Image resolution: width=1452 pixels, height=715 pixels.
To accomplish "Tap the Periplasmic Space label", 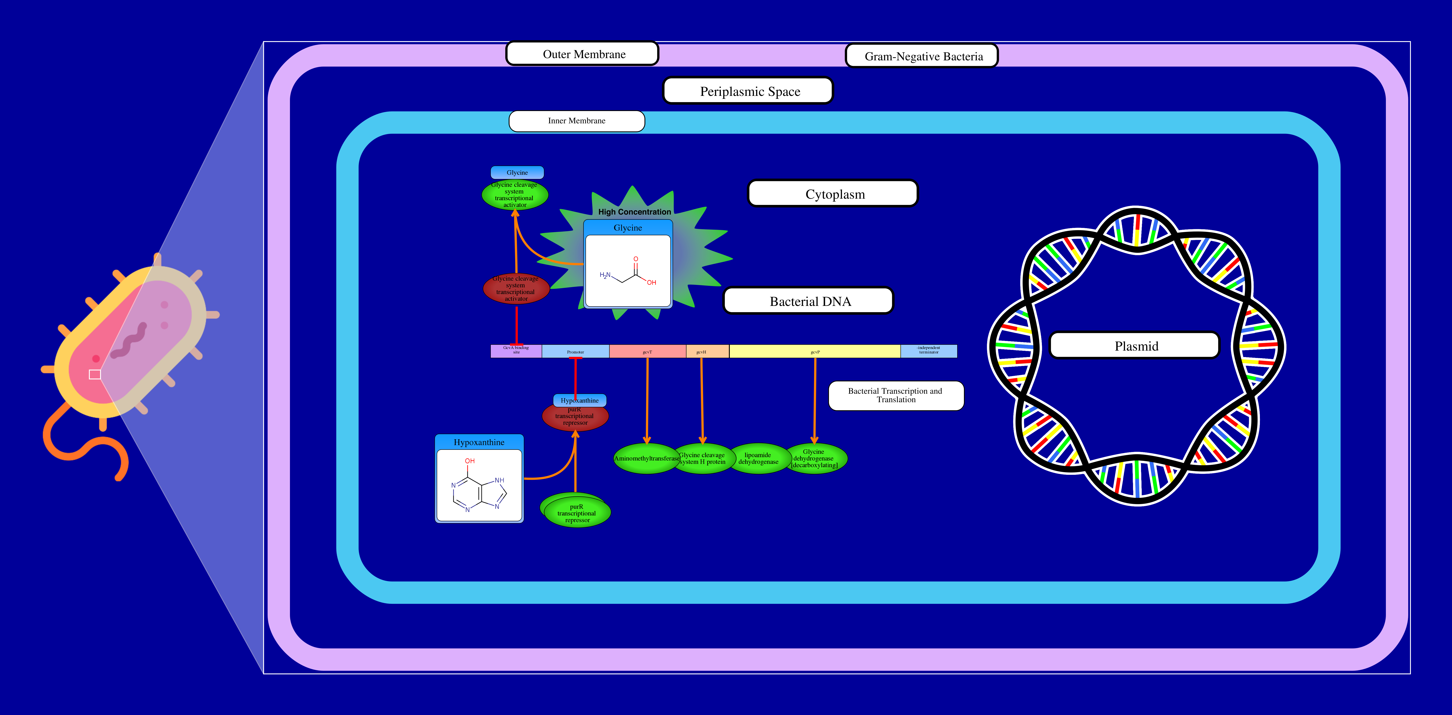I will [x=748, y=91].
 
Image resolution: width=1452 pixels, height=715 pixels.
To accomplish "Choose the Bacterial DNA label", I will [x=808, y=301].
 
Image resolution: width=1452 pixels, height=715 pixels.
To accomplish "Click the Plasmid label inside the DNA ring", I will [x=1135, y=346].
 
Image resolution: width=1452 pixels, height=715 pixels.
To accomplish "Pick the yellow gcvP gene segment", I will [x=814, y=351].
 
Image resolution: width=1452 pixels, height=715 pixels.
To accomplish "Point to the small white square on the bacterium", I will [x=95, y=374].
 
